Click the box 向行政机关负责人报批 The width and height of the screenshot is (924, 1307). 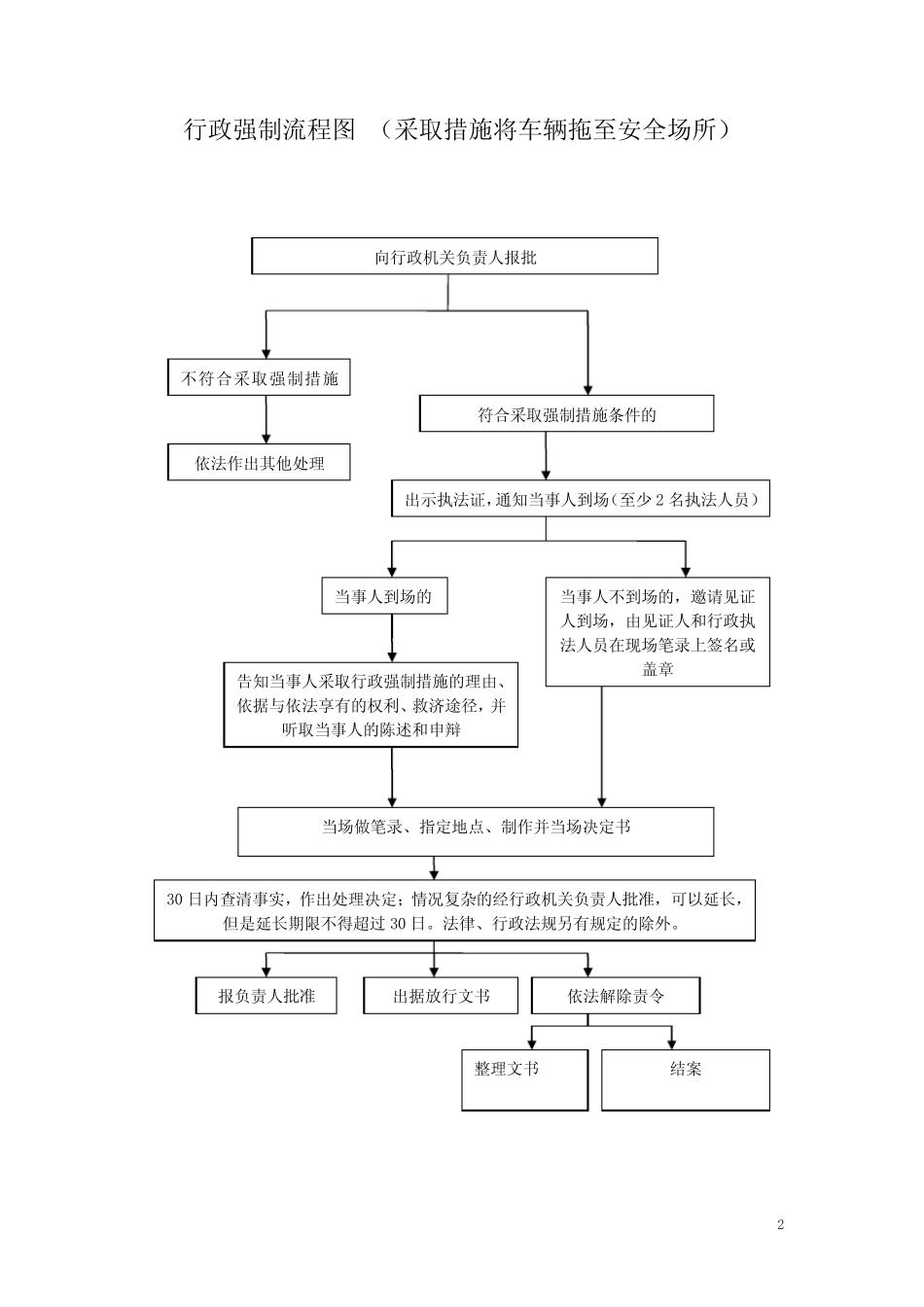point(454,257)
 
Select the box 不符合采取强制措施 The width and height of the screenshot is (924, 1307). point(259,378)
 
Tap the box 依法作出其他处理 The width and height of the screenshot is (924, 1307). point(259,463)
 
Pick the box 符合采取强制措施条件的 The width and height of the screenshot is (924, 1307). point(566,414)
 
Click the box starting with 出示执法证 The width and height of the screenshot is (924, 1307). point(581,499)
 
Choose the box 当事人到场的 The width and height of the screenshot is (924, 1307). point(384,596)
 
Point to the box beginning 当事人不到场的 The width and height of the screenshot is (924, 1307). point(657,632)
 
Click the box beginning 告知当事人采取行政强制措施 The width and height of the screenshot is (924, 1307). point(371,704)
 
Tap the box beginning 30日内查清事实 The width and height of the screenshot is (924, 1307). point(454,911)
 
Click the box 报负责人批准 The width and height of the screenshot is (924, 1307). point(267,996)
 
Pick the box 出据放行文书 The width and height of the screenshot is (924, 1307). point(441,996)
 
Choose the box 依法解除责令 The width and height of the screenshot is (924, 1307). point(616,996)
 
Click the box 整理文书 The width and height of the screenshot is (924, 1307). point(525,1079)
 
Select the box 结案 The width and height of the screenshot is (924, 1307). point(685,1079)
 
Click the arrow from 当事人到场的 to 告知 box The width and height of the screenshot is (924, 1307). point(391,638)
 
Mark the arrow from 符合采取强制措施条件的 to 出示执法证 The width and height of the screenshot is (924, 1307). point(546,455)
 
